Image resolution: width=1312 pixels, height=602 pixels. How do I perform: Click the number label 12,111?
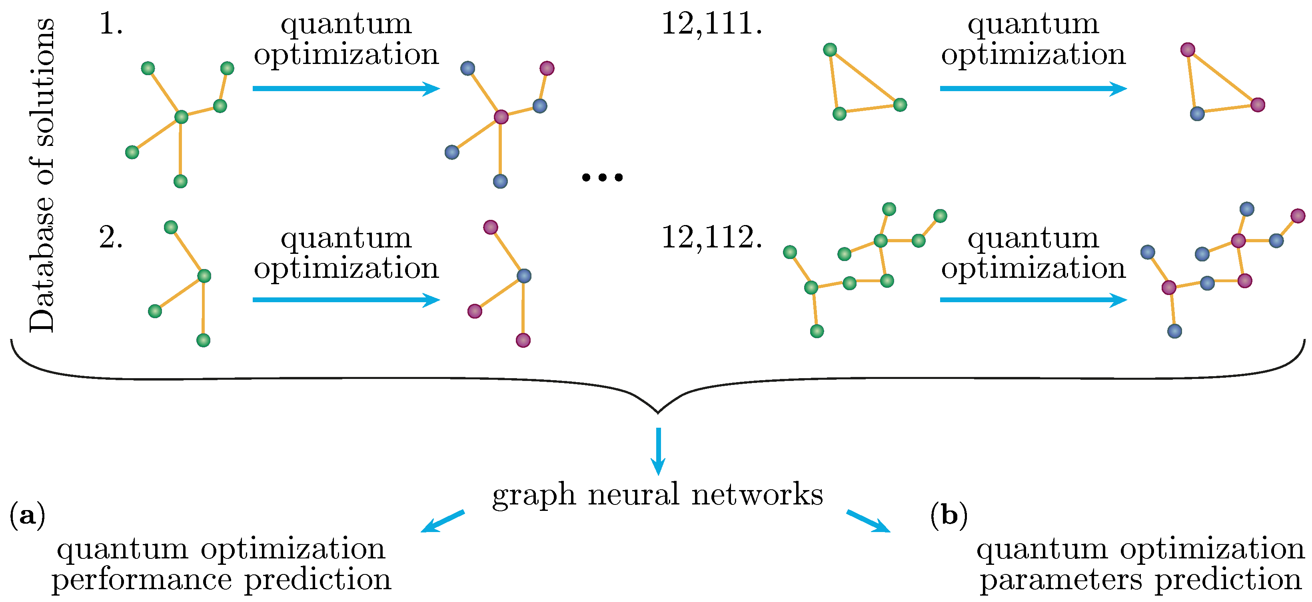click(x=711, y=24)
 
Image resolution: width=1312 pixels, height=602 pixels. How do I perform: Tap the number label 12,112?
click(x=711, y=238)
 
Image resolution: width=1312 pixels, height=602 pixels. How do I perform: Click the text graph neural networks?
click(x=657, y=494)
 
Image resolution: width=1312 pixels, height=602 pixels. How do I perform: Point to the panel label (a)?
click(x=27, y=516)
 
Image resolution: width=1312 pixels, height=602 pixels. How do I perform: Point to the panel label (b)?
click(x=949, y=516)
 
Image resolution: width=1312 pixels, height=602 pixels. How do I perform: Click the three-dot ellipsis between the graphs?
click(x=602, y=177)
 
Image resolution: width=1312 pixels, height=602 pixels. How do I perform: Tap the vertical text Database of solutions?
click(x=42, y=176)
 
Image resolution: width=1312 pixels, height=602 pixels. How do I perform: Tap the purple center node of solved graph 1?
click(x=501, y=117)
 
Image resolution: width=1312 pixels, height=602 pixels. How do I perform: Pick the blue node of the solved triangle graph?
click(x=1197, y=114)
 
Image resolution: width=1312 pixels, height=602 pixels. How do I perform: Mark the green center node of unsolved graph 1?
click(x=181, y=117)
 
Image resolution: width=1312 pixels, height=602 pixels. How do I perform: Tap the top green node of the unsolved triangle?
click(x=830, y=50)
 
